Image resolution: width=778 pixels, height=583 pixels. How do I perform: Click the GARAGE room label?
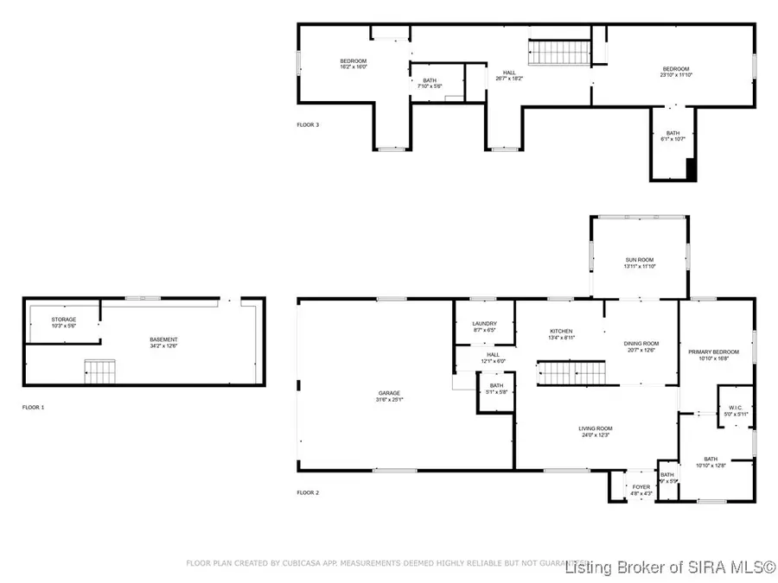click(389, 393)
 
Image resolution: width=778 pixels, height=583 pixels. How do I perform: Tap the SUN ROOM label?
click(640, 260)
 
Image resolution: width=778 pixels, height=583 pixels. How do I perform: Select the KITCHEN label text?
click(561, 331)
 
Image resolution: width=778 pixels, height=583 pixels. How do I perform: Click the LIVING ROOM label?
click(596, 428)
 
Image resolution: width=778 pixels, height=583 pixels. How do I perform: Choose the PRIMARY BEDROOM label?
click(713, 352)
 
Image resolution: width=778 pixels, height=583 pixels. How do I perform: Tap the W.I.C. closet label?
click(734, 408)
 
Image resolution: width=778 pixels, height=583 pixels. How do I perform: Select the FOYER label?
click(641, 487)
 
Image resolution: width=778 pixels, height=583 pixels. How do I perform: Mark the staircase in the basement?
click(99, 372)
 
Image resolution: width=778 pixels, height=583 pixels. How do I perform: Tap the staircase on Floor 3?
click(558, 52)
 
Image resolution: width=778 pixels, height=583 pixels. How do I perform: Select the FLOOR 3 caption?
click(308, 125)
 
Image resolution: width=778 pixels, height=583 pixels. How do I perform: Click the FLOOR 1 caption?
click(34, 406)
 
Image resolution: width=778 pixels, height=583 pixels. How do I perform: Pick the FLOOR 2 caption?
click(308, 492)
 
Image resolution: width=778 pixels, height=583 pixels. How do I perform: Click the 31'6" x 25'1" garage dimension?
click(389, 399)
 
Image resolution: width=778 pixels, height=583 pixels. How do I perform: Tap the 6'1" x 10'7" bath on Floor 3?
click(672, 136)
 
